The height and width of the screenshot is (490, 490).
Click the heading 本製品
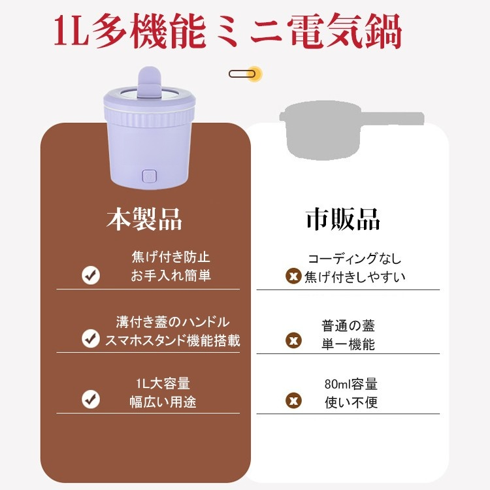(x=144, y=220)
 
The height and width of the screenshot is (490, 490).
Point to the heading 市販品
(x=343, y=220)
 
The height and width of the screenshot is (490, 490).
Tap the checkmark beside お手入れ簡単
(x=91, y=275)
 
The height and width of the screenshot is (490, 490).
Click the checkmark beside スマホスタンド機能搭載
(x=90, y=338)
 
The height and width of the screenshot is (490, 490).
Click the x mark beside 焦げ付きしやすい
(x=294, y=276)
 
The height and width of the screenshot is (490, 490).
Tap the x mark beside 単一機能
(x=294, y=340)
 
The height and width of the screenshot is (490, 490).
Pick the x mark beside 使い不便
(x=294, y=400)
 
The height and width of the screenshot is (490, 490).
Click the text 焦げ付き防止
(x=171, y=257)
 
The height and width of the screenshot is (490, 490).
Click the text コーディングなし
(x=355, y=259)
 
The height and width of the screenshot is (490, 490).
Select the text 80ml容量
(x=351, y=384)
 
